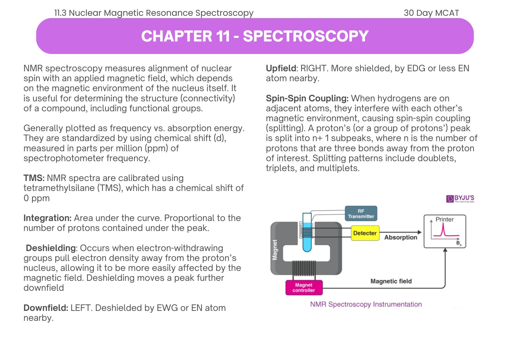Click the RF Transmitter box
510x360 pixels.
point(361,214)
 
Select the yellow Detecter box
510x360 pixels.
point(365,233)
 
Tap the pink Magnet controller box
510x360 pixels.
point(304,288)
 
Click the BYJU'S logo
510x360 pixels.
point(460,199)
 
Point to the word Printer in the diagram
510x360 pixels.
point(444,219)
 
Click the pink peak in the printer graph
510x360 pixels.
point(443,229)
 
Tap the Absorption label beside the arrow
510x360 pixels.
point(401,237)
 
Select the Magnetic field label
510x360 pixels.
point(391,281)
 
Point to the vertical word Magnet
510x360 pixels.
point(275,250)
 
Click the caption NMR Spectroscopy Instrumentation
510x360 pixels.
point(366,304)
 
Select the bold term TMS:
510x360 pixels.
point(34,178)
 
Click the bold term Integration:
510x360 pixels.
point(47,218)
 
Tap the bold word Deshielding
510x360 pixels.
point(50,248)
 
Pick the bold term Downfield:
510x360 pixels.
point(46,308)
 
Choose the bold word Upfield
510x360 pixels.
point(281,68)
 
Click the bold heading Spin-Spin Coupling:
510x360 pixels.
point(307,98)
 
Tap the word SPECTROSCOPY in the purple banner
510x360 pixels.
point(305,36)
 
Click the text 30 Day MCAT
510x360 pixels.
point(431,13)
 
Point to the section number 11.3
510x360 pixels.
point(60,13)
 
